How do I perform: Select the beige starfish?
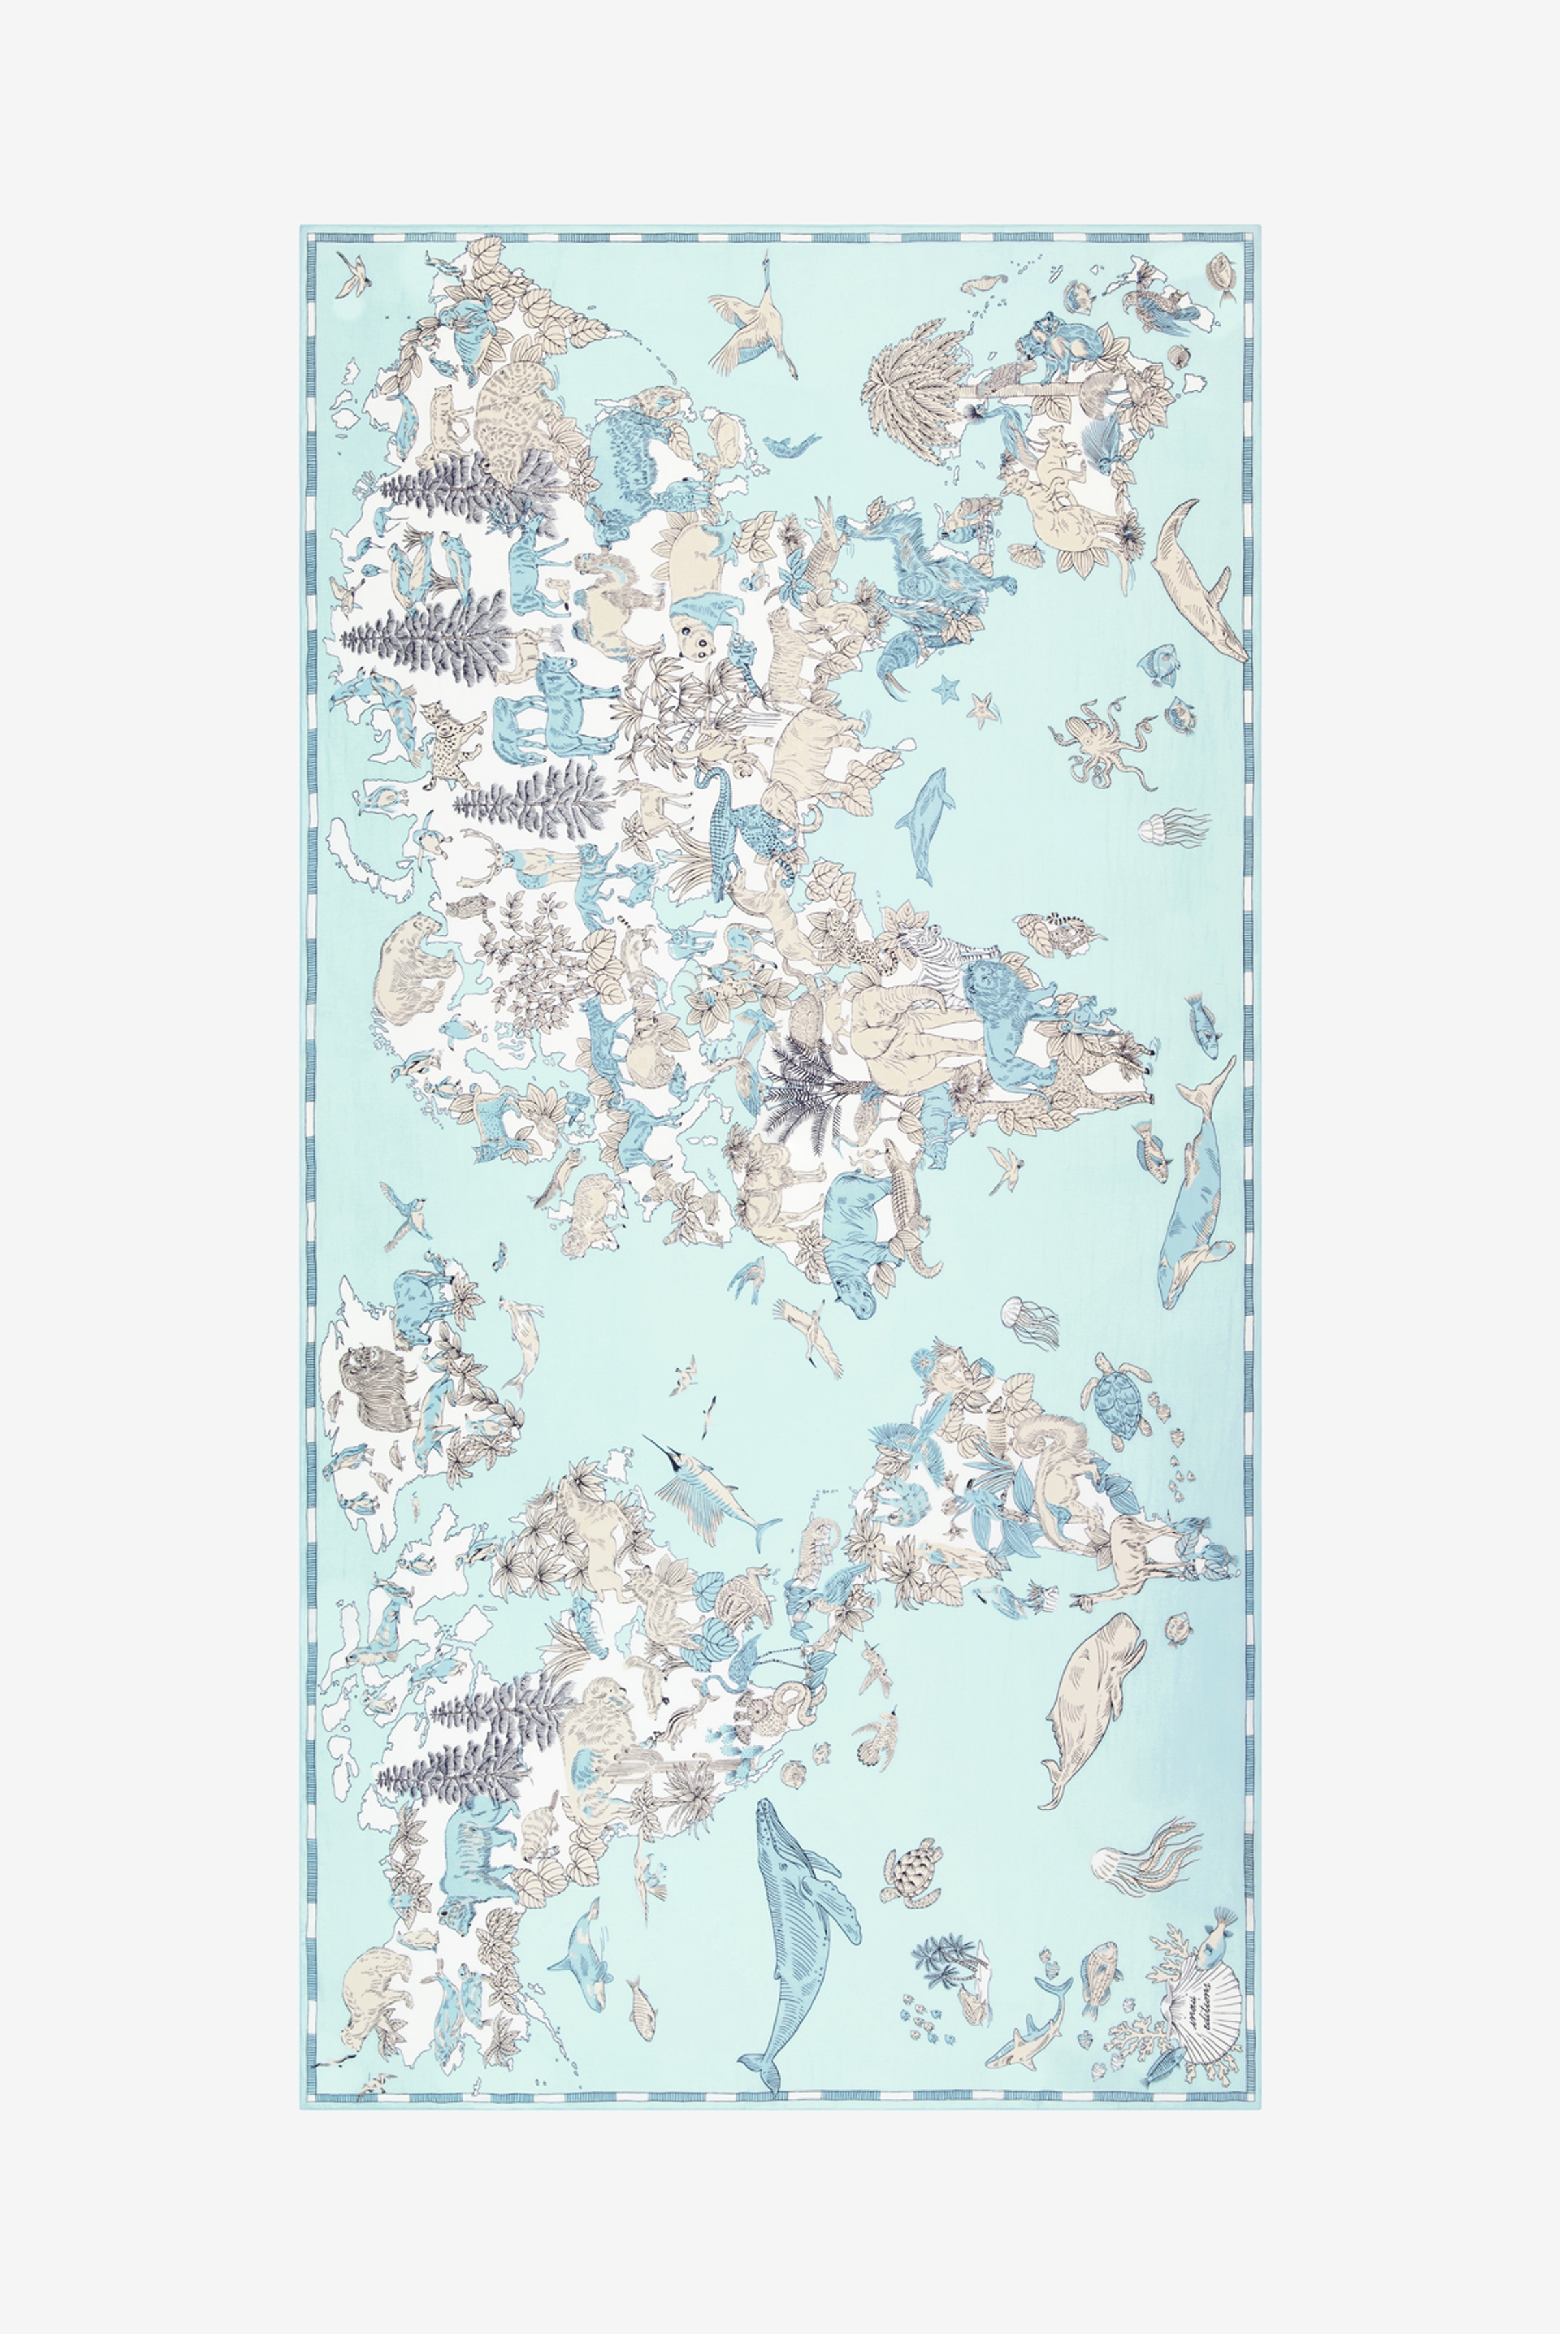[983, 709]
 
